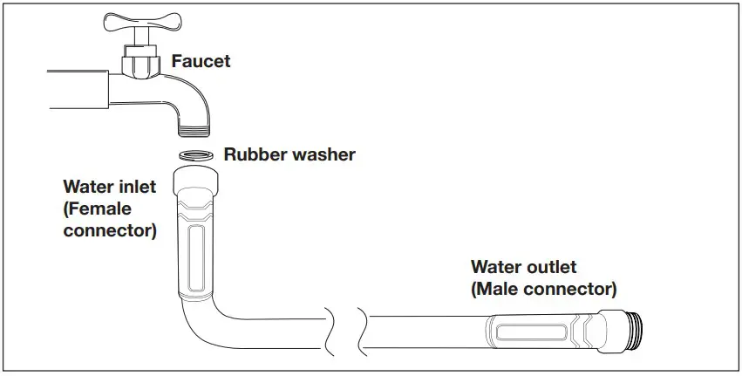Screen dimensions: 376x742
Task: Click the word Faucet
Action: pyautogui.click(x=202, y=61)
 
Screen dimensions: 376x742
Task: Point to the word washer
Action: pyautogui.click(x=321, y=155)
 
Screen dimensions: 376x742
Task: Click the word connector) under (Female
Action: pyautogui.click(x=110, y=231)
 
